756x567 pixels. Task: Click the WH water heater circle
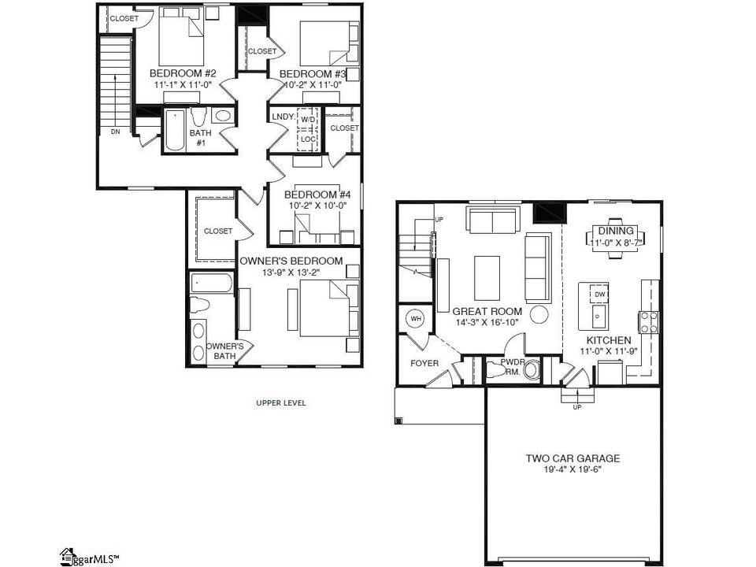point(416,319)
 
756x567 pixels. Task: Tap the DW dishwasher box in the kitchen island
point(599,294)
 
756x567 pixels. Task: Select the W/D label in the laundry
point(308,119)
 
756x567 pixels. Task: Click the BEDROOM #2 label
point(183,73)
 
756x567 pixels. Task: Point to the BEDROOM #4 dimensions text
point(317,206)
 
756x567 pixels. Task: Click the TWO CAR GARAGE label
point(573,458)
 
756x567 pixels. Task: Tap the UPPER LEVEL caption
point(281,403)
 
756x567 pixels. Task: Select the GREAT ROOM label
point(487,312)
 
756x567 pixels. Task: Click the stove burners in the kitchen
point(648,322)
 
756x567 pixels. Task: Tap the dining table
point(616,238)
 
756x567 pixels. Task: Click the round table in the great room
point(539,314)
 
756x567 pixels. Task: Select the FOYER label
point(424,363)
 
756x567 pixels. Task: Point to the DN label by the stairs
point(115,132)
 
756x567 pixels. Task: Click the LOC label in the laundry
point(308,139)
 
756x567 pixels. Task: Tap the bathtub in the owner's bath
point(212,283)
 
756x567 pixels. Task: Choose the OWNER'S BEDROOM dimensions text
point(291,272)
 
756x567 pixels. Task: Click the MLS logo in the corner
point(90,558)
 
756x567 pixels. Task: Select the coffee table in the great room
point(487,278)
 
